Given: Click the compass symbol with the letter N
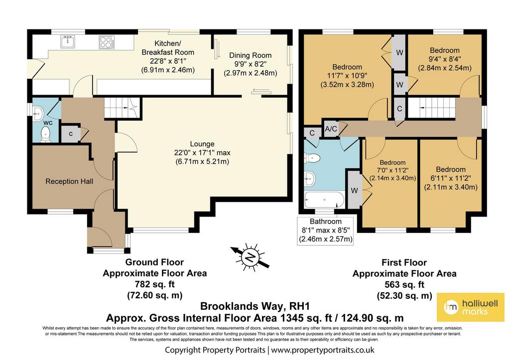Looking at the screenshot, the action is tap(250, 257).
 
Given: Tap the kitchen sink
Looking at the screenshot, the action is tap(68, 42).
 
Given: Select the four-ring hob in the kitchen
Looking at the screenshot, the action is tap(107, 42).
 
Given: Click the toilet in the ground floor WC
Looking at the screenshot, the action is tap(45, 134).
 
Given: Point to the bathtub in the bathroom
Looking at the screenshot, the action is tap(324, 200).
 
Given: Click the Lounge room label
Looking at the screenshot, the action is tap(202, 144).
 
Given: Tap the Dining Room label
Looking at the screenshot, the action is tap(251, 55).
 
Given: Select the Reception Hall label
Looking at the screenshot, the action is tap(69, 181).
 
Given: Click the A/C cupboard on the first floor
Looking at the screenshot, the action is tap(331, 129).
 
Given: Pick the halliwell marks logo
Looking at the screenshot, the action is tap(471, 307).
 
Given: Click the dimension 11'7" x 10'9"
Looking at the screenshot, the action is tap(347, 76).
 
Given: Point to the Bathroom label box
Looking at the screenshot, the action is tap(326, 231).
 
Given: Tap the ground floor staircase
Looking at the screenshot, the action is tap(123, 108).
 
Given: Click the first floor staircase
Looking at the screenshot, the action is tap(431, 108).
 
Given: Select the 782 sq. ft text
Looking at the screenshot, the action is tap(155, 284).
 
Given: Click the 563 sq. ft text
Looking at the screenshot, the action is tap(404, 284).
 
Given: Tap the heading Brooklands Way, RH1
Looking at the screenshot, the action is tap(255, 306).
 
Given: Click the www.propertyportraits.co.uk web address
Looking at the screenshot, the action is tap(323, 350).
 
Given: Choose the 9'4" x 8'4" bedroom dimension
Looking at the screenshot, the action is tap(445, 59).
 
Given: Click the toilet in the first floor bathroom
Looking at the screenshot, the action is tap(312, 158).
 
